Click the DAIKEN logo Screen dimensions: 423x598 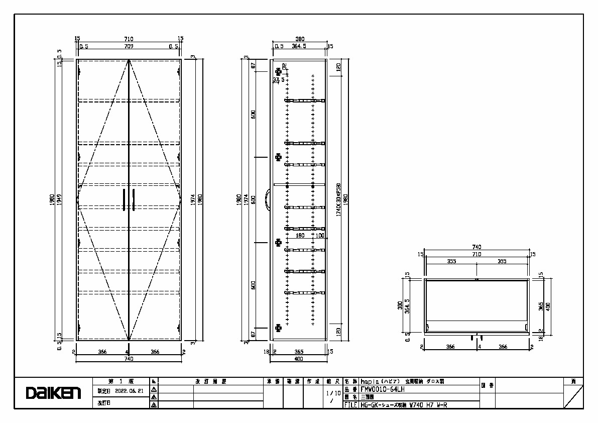(54, 393)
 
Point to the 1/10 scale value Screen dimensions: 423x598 (333, 393)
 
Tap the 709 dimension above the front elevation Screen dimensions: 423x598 (129, 46)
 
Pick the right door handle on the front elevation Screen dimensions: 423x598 (134, 199)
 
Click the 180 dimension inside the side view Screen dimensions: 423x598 (300, 235)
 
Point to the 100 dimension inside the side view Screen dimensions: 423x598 (320, 235)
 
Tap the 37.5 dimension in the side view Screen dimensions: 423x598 (278, 79)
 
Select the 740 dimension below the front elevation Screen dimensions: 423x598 (129, 359)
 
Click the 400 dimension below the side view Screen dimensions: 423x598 (299, 359)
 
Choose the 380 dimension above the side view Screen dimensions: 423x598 (300, 39)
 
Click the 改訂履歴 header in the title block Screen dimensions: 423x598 (211, 381)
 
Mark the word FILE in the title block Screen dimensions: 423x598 (351, 404)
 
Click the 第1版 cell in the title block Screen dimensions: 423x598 (121, 381)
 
